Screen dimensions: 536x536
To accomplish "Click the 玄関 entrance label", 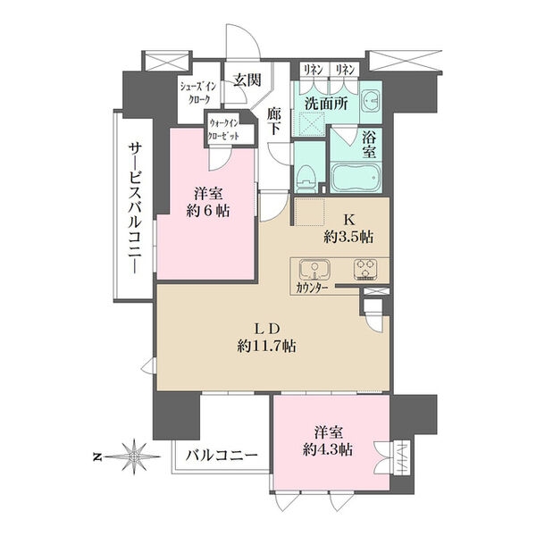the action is coord(247,80).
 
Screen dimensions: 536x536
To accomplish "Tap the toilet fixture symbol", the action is coord(306,179).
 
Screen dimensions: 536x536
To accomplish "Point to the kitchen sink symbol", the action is coord(314,270).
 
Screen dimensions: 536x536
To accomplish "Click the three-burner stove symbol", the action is coord(365,270).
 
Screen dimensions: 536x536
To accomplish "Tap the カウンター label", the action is coord(312,289).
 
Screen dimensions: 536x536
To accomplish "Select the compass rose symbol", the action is coord(134,456).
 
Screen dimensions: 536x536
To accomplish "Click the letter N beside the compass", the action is coord(97,456).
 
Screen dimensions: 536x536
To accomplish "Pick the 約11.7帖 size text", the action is coord(266,347).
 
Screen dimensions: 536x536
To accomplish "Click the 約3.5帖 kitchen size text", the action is coord(348,237).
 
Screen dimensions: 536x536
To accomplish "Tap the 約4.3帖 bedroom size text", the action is coord(328,450).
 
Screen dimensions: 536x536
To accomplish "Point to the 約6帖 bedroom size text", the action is coord(208,211).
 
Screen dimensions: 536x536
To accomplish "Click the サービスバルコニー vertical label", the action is coord(135,208).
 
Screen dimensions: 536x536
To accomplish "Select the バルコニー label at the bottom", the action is coord(222,456).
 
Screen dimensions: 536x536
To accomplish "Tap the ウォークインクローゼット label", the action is coord(224,130).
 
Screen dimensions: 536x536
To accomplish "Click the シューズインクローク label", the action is coord(198,93).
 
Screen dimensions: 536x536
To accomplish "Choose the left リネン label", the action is coord(314,70).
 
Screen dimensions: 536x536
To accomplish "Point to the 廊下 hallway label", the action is coord(274,121).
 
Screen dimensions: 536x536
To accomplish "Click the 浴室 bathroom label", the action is coord(370,146).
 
